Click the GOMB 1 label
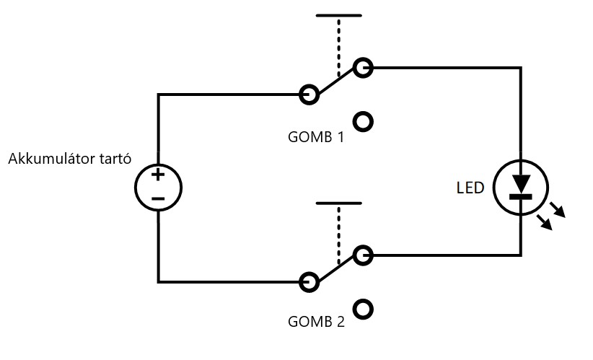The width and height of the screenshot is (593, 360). [315, 136]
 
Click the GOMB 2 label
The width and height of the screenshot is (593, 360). [315, 322]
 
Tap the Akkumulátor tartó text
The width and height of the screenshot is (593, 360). [69, 159]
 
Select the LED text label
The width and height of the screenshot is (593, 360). [470, 188]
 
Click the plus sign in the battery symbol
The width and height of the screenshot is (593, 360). [158, 175]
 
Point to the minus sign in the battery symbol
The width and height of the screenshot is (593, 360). [158, 198]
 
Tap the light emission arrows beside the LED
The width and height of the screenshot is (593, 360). [553, 216]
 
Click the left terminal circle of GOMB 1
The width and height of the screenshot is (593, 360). [309, 94]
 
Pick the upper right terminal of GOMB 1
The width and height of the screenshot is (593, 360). [363, 68]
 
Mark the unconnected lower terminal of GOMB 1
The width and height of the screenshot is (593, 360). [364, 122]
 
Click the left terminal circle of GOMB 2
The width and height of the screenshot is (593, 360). [309, 281]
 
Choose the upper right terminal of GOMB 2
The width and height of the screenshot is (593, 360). [363, 255]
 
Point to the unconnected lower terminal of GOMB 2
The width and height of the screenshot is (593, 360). [364, 309]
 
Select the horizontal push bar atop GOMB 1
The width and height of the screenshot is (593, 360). [338, 15]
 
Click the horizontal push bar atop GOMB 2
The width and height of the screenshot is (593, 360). [338, 203]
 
